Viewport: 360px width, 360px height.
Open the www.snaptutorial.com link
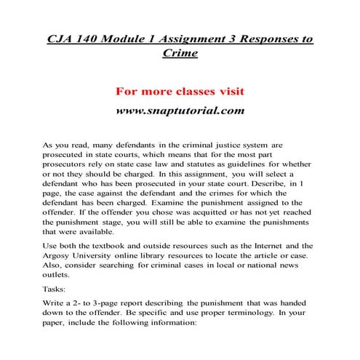point(179,111)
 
